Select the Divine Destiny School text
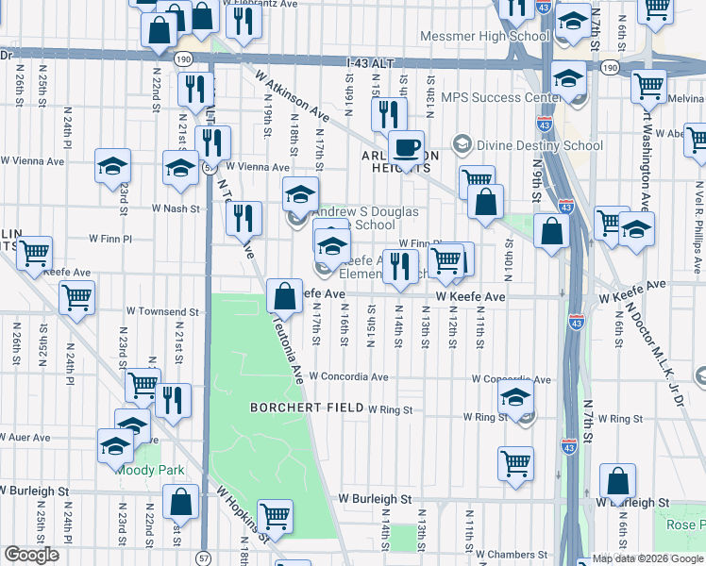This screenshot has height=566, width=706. point(539,145)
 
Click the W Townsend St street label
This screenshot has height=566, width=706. point(161,311)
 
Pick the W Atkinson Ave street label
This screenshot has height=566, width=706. point(295,99)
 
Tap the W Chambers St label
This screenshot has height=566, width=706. point(512,554)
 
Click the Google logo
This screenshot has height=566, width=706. point(31,555)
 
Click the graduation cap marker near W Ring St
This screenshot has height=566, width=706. point(515,398)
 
